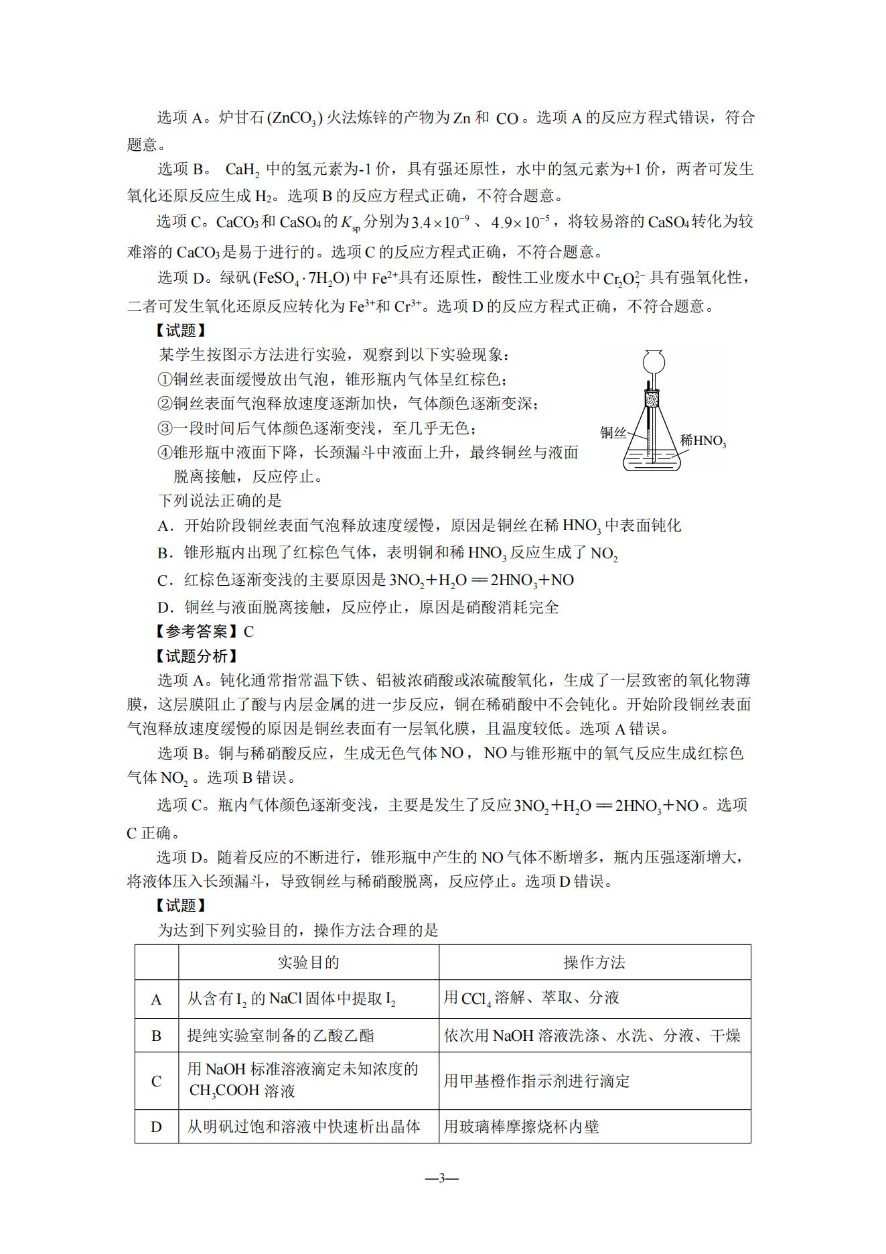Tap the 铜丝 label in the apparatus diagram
pos(612,433)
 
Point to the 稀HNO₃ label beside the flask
pos(703,441)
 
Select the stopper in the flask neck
pos(653,399)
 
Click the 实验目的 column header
pos(308,962)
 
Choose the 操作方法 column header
pos(594,962)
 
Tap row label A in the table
pos(156,1000)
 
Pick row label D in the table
pos(156,1127)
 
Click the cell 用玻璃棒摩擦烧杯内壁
pos(521,1127)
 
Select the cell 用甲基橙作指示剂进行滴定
pos(536,1081)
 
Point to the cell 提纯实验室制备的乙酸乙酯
pos(281,1036)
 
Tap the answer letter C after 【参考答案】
pos(248,631)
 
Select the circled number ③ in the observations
pos(165,428)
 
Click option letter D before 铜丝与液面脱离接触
pos(164,608)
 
